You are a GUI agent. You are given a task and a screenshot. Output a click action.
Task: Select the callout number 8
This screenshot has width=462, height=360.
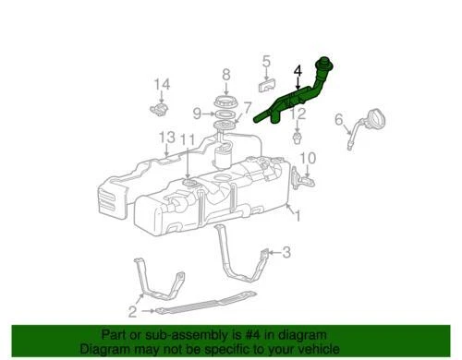pos(225,74)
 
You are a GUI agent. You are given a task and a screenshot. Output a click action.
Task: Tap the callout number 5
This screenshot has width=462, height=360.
pos(266,63)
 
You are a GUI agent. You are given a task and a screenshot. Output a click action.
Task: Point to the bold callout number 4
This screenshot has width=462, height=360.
pos(298,70)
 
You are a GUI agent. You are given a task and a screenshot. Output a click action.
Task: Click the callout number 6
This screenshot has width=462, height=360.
pos(338,118)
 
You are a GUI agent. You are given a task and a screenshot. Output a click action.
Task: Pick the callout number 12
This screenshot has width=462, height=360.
pos(298,114)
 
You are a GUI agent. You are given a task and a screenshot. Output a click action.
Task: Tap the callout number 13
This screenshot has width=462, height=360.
pos(165,137)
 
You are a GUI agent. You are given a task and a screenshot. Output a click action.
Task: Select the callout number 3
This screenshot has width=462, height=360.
pos(286,251)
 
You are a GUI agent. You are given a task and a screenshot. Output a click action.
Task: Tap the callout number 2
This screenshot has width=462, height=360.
pos(134,311)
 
